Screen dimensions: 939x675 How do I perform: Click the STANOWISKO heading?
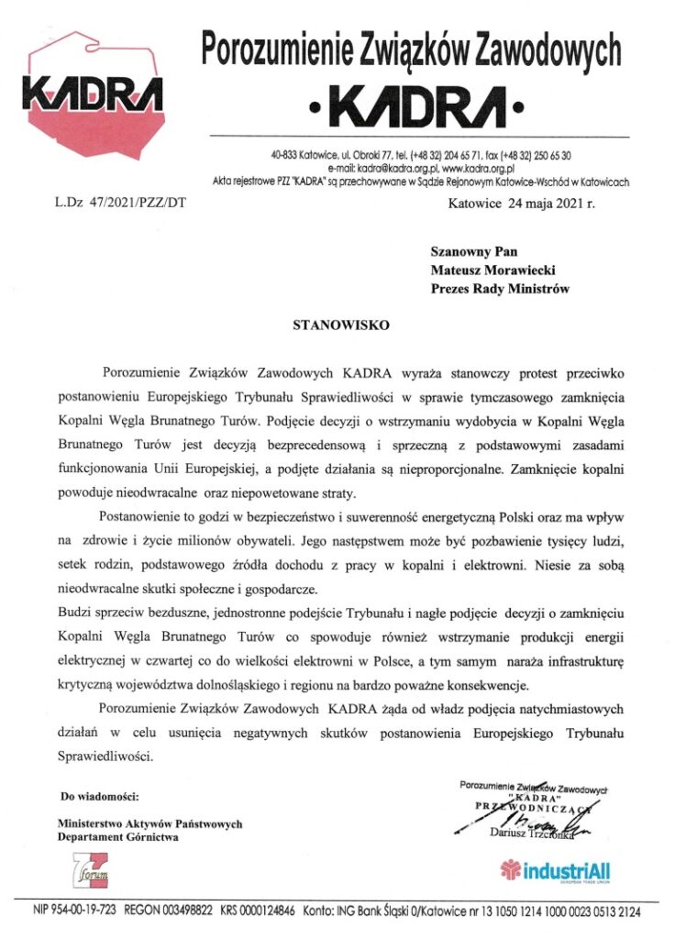point(329,324)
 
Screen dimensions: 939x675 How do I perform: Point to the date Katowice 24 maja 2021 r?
point(521,203)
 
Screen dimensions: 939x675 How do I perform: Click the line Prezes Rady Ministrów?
point(500,289)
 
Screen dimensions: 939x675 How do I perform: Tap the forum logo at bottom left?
point(93,869)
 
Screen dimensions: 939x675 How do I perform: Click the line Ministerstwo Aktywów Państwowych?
point(149,823)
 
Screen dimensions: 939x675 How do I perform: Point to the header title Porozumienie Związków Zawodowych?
point(411,49)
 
